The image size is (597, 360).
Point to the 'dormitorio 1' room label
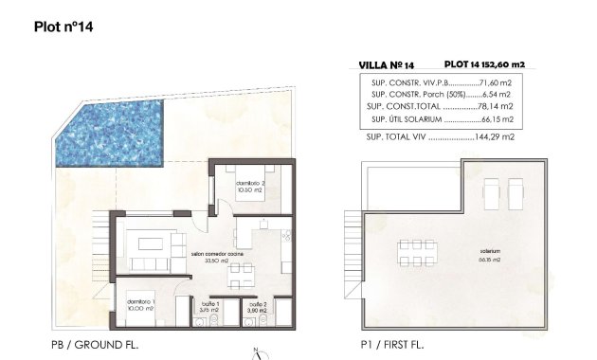click(142, 302)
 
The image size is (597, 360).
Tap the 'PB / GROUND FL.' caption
click(95, 345)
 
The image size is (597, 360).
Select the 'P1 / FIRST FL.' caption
click(389, 345)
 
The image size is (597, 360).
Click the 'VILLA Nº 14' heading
click(387, 65)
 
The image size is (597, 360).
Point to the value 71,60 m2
click(493, 83)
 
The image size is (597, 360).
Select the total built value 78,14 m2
click(496, 108)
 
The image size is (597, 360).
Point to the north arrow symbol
click(256, 353)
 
